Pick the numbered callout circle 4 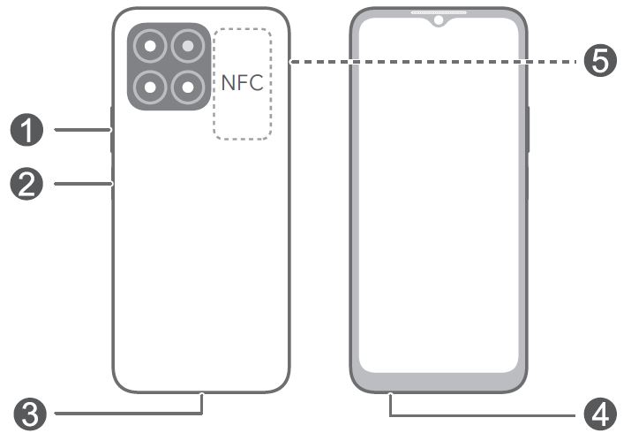pyautogui.click(x=599, y=413)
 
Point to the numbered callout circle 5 pyautogui.click(x=599, y=62)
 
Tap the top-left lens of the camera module pyautogui.click(x=152, y=46)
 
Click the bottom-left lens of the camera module pyautogui.click(x=152, y=87)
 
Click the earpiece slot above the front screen pyautogui.click(x=438, y=12)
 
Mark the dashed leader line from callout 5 pyautogui.click(x=432, y=62)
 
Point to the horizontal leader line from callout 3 pyautogui.click(x=124, y=413)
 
